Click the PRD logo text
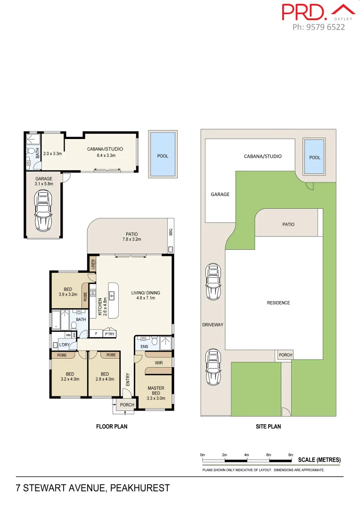[304, 12]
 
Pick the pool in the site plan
[314, 157]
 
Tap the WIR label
[159, 363]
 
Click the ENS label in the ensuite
[144, 346]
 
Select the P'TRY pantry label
[110, 334]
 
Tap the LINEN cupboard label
[93, 264]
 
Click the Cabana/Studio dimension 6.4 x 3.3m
[101, 155]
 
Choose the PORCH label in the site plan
[286, 355]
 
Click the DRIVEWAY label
[213, 325]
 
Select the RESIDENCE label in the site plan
[278, 303]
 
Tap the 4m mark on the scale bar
[246, 455]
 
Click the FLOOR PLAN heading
[112, 427]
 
